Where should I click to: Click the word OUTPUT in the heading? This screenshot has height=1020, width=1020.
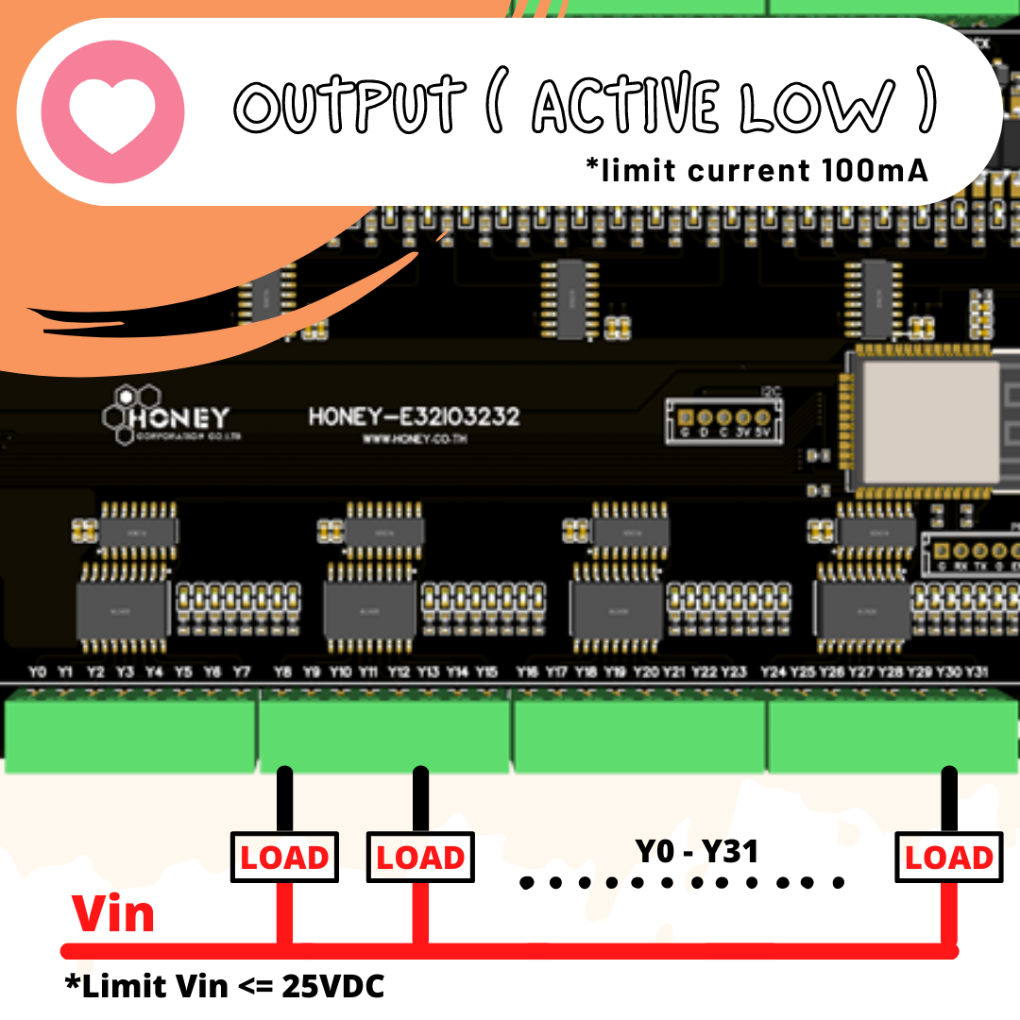tap(349, 105)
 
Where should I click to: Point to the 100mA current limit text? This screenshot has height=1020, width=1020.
tap(869, 172)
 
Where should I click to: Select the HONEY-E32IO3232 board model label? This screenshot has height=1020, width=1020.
tap(414, 416)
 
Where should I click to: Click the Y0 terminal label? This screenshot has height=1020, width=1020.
tap(37, 672)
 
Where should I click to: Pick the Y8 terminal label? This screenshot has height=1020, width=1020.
tap(282, 672)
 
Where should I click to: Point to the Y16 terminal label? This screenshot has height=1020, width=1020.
tap(528, 672)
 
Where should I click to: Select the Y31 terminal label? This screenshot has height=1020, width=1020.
tap(977, 672)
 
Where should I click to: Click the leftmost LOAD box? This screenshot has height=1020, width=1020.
tap(284, 858)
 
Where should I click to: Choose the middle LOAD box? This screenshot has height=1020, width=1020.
tap(420, 858)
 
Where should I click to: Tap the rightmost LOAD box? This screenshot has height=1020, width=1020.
tap(948, 858)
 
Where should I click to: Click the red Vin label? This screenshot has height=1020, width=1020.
tap(113, 914)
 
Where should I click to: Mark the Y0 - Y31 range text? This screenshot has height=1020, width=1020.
tap(697, 852)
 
